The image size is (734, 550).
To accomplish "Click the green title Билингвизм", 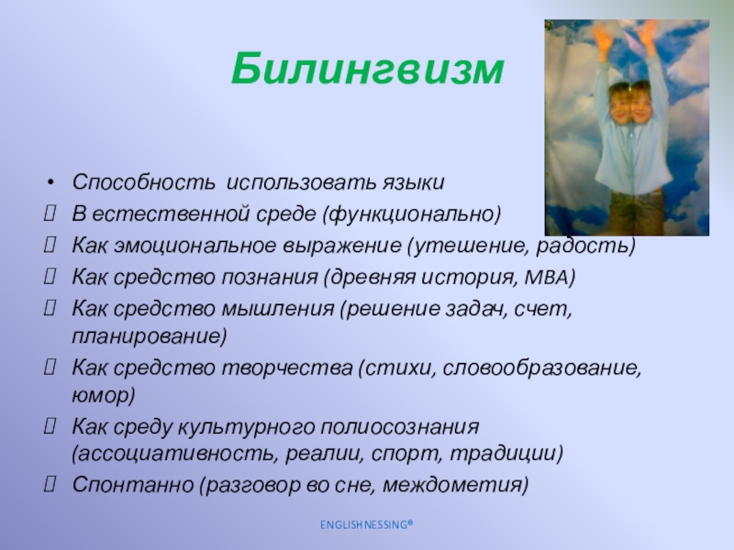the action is pos(368,70).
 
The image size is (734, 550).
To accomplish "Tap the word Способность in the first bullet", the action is pos(144,182).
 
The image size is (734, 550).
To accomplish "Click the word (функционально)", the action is pos(411,214).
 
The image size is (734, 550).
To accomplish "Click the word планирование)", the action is pos(150,336).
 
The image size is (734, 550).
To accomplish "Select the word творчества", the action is pos(286,368).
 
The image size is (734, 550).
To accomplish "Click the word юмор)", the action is pos(104,396).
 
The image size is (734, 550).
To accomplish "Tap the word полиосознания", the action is pos(400,427).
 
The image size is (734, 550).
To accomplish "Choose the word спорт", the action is pos(406,454).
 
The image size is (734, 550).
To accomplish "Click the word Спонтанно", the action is pos(133,485).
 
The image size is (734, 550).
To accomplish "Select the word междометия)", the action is pos(455,485).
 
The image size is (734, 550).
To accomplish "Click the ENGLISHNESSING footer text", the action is pos(367,524).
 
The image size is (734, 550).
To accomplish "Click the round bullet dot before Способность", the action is pos(51,182).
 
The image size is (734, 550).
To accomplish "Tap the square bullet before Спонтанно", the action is pos(50,484).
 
